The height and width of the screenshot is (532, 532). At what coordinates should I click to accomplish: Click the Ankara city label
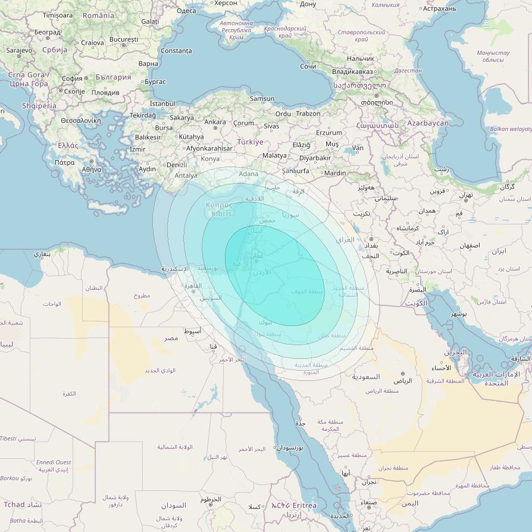coord(215,122)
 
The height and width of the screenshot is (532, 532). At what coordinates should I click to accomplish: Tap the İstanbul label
coord(163,104)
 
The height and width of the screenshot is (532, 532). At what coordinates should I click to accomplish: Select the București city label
coord(124,39)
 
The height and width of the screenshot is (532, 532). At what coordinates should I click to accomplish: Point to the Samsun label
coord(262,99)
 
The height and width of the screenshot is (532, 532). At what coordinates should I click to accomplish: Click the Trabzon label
coord(308,114)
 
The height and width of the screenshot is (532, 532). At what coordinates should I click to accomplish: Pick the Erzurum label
coord(329,133)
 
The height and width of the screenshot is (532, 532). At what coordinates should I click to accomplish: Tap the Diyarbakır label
coord(315,158)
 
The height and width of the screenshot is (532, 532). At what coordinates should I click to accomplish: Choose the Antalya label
coord(186,176)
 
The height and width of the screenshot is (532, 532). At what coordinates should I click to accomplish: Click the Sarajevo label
coord(19,51)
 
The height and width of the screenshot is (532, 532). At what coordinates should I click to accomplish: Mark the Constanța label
coord(176,51)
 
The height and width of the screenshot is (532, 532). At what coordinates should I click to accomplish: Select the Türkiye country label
coord(250,142)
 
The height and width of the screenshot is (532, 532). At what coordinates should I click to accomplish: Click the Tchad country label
coord(15,505)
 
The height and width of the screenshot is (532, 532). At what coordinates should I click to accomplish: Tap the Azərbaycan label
coord(428,123)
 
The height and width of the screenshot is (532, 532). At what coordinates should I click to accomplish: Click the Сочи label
coord(308,66)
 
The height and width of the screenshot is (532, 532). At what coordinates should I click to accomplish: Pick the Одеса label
coord(186,10)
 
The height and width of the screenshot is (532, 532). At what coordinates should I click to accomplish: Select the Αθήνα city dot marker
coord(91,161)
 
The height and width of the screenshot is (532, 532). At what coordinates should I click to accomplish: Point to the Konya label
coord(210,159)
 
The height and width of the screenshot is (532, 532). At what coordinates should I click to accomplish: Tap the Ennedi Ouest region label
coord(54,462)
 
